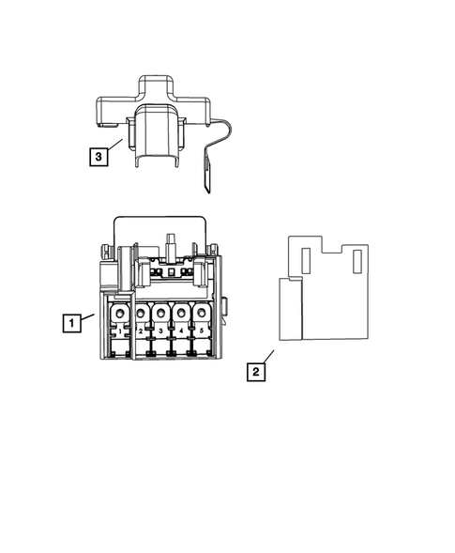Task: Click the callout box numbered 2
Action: click(x=254, y=371)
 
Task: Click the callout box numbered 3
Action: click(x=97, y=156)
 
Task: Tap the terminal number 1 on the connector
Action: click(x=120, y=331)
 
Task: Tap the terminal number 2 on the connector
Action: click(x=141, y=331)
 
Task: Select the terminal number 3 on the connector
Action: click(x=160, y=331)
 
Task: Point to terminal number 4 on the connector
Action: click(x=181, y=331)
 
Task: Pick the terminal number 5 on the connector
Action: click(x=202, y=331)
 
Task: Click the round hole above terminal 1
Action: click(x=120, y=314)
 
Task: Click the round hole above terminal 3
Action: click(x=160, y=314)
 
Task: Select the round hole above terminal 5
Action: click(x=202, y=314)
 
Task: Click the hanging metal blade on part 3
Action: click(x=208, y=174)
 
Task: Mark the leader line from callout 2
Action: click(x=267, y=357)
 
